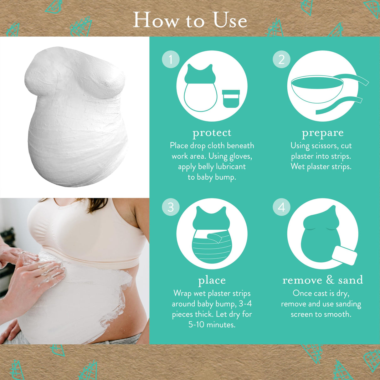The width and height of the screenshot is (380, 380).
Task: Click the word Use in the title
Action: click(230, 20)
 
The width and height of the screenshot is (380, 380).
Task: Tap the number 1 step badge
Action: click(171, 59)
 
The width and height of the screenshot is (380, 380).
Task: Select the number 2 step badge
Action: click(281, 59)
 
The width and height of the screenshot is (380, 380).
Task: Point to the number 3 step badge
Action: click(171, 207)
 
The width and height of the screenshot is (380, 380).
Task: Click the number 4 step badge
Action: click(281, 207)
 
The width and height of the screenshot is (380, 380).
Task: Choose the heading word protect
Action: click(212, 133)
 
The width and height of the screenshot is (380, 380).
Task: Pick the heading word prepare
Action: click(323, 133)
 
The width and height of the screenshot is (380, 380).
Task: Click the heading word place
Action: click(212, 280)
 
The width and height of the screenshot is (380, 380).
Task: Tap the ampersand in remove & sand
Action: click(330, 280)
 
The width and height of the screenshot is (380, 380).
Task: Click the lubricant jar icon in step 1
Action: click(231, 98)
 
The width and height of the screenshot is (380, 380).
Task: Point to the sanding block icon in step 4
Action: click(344, 255)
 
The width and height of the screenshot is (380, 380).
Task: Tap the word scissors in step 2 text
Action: click(326, 146)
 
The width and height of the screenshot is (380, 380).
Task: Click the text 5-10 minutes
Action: click(212, 325)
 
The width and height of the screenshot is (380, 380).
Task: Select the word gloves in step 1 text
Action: click(240, 156)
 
